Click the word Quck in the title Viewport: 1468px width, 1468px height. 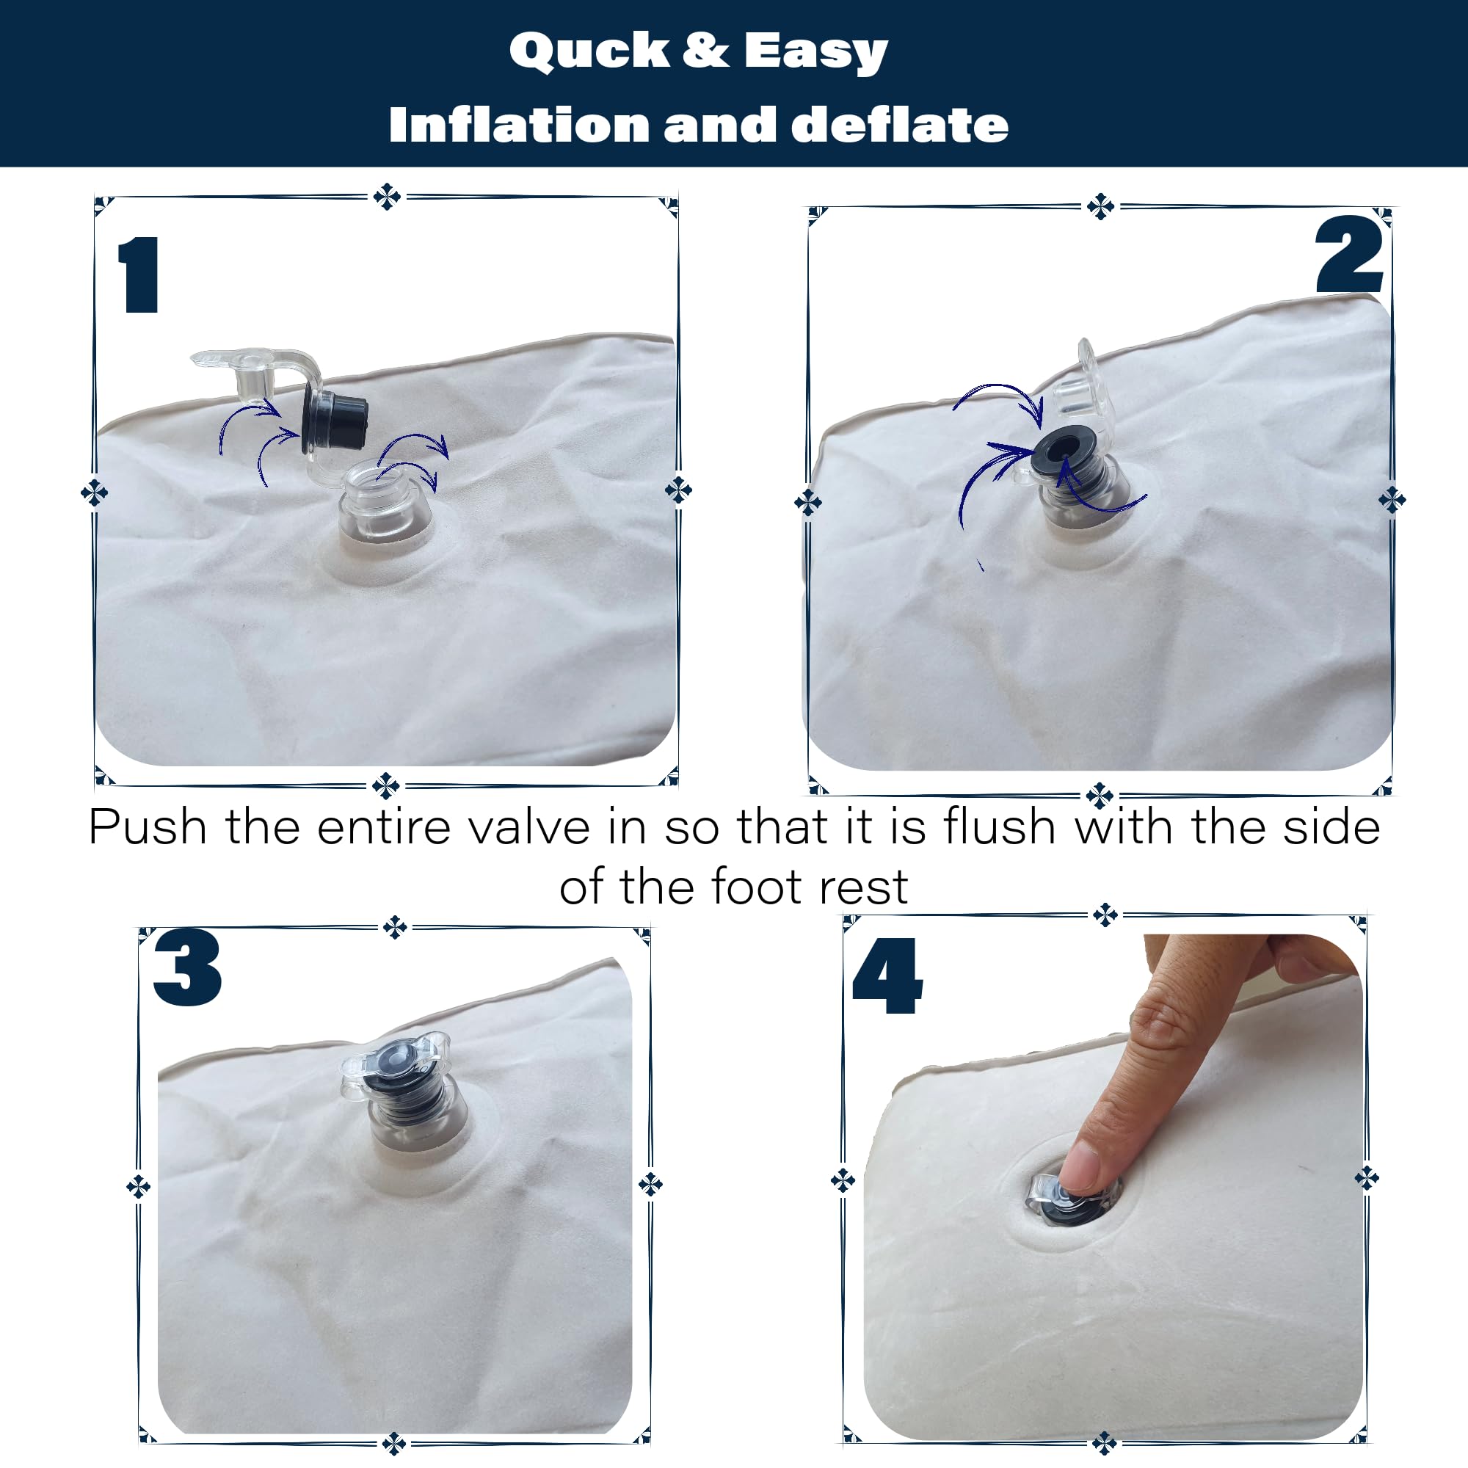[589, 51]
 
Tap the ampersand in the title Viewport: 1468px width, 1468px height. [706, 50]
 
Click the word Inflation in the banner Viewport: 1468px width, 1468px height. [519, 124]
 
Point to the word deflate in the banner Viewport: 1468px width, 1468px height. [900, 124]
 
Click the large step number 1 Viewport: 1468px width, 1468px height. [139, 275]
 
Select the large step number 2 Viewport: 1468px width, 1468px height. [1348, 254]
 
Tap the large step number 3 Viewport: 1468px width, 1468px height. [187, 967]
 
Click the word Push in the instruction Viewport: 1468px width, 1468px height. [148, 826]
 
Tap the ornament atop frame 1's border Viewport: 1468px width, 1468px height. [387, 196]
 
